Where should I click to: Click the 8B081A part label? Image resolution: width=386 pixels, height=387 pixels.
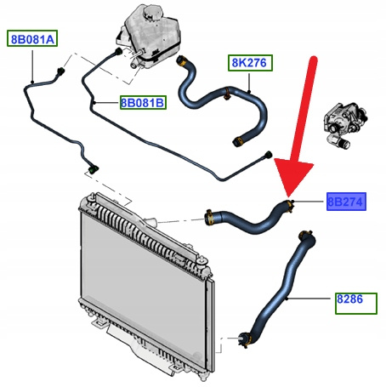32,38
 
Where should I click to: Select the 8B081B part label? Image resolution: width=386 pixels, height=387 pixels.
143,102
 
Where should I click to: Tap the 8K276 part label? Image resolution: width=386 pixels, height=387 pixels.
250,63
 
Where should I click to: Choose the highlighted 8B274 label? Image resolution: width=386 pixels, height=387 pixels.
346,202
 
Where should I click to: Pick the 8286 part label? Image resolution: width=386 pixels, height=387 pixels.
356,304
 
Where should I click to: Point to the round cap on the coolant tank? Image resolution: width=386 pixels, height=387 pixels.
153,12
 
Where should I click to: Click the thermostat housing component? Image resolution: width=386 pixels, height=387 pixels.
346,125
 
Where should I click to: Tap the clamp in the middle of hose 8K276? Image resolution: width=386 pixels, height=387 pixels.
227,94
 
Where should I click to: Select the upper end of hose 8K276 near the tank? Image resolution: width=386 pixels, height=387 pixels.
181,60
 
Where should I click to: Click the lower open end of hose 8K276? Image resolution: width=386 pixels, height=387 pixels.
237,141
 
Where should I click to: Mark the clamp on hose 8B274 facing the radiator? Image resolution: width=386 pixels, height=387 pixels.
209,218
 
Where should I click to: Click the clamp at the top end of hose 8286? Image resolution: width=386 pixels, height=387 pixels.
305,235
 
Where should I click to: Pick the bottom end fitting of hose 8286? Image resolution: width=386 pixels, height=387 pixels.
244,339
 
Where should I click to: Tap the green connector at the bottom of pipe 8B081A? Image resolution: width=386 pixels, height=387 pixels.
94,169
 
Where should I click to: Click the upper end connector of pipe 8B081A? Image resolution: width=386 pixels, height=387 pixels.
60,71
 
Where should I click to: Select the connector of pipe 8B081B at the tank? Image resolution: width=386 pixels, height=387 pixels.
118,52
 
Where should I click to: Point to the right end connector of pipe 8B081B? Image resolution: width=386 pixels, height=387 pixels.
268,155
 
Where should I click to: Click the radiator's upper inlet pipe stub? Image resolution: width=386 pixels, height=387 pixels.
150,222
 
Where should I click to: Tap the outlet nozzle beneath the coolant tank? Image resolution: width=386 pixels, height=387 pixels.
133,65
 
